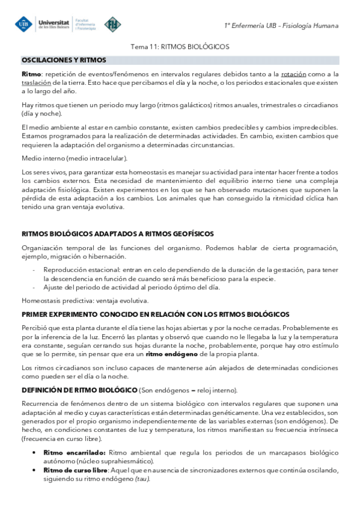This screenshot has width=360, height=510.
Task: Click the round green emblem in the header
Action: click(112, 25)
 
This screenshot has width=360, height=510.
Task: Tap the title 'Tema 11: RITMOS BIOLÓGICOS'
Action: click(180, 46)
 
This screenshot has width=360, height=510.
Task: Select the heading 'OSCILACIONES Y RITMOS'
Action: click(64, 60)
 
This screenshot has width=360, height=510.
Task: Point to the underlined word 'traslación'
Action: click(36, 83)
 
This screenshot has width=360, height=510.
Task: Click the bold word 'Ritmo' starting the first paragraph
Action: click(32, 74)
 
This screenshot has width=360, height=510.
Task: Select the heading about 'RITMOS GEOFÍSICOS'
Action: click(118, 233)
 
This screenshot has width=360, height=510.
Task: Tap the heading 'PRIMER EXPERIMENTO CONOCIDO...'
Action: click(156, 315)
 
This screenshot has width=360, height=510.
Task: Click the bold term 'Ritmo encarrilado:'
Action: click(75, 452)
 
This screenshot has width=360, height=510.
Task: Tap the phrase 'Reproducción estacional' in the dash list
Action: click(78, 269)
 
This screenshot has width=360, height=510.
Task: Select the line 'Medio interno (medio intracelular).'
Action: click(75, 159)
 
